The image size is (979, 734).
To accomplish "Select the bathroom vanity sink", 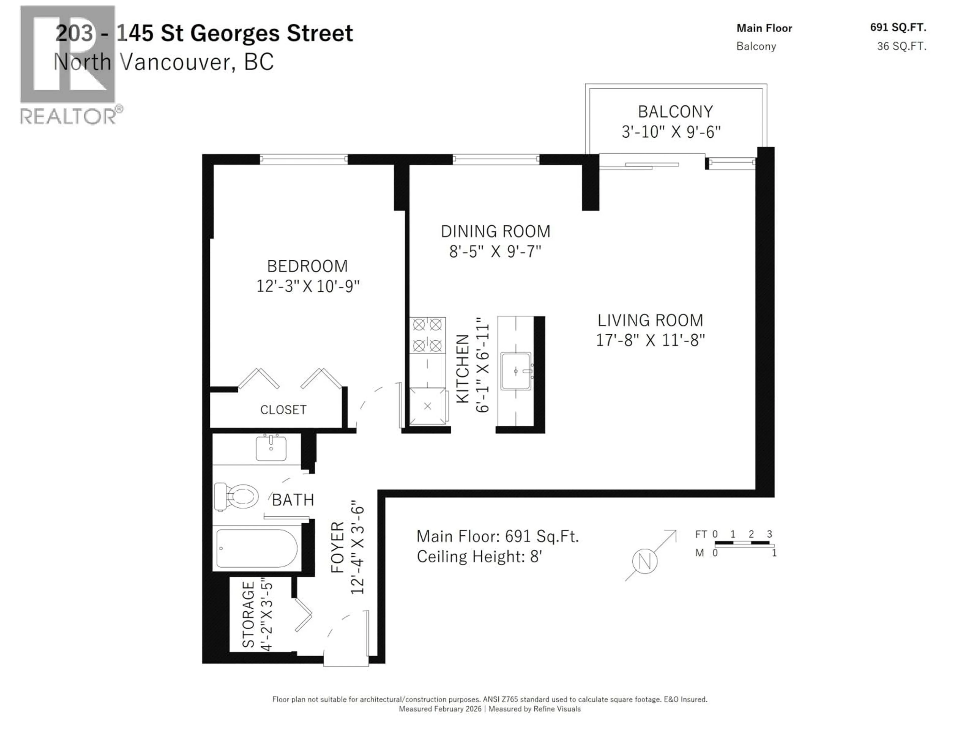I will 271,448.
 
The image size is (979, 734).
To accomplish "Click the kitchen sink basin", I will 516,371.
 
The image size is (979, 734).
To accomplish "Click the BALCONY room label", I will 675,111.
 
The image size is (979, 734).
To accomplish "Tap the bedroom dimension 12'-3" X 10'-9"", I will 308,286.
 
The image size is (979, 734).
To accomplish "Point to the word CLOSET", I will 283,410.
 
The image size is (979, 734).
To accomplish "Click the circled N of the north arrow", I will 645,561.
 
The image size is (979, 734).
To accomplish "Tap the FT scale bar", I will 742,543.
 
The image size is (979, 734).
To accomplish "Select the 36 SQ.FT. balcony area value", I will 901,46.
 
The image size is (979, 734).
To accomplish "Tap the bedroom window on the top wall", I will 304,159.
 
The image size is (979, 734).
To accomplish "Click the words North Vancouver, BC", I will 163,62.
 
